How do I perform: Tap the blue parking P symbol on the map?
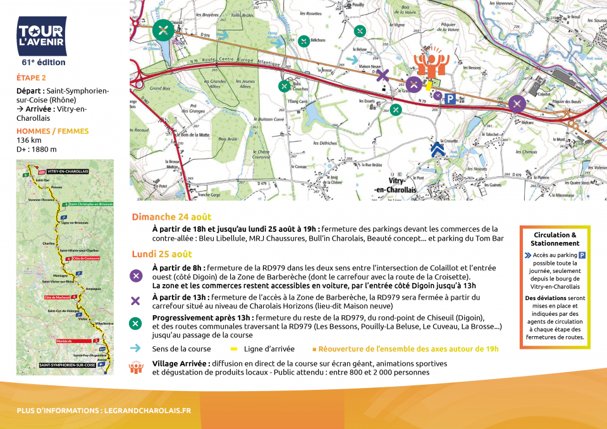450,99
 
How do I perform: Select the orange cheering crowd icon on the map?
432,63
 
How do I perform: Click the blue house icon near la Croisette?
437,150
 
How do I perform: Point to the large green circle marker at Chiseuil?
164,30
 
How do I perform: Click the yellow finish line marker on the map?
429,85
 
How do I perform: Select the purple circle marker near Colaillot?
517,104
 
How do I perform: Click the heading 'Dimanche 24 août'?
171,217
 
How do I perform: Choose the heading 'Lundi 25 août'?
162,254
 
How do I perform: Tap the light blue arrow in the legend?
135,348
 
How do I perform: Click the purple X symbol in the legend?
135,301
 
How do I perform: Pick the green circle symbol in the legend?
135,323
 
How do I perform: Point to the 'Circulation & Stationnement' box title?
556,239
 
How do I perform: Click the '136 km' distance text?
29,140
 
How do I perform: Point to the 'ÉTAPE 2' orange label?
31,78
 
